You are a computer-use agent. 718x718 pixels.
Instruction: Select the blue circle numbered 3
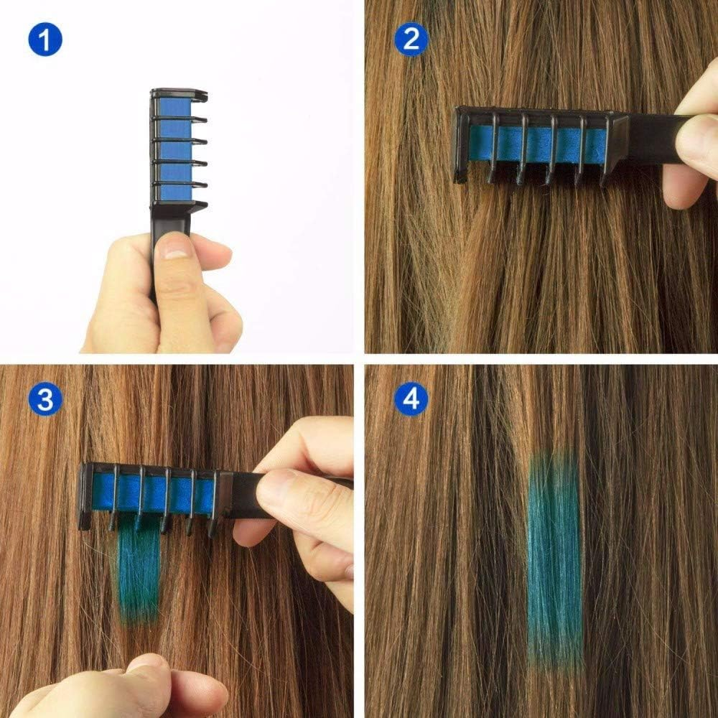click(x=45, y=399)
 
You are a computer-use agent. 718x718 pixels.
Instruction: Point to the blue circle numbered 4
click(x=411, y=399)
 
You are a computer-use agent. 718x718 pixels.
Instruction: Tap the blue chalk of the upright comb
click(x=173, y=151)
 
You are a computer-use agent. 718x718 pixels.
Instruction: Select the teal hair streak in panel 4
click(x=555, y=546)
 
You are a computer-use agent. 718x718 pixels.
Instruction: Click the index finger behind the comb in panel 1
click(x=212, y=255)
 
